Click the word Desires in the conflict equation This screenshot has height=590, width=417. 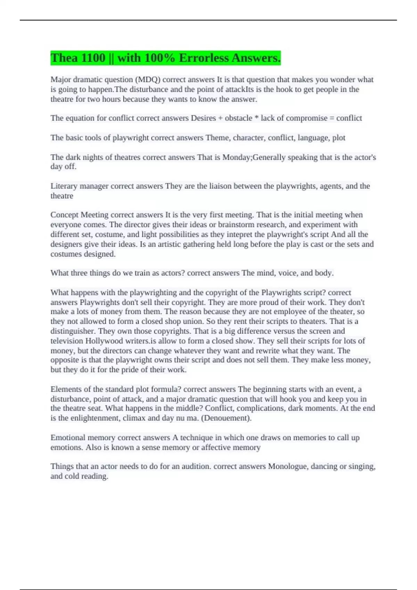203,118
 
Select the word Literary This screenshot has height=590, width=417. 64,186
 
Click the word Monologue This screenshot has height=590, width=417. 288,466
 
